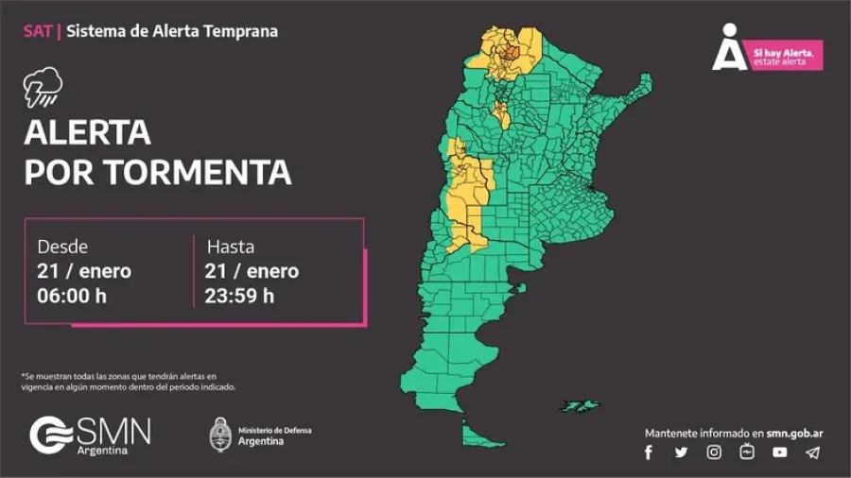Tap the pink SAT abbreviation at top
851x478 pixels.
37,31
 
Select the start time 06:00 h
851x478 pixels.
72,296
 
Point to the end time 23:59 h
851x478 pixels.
239,296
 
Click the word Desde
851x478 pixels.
62,247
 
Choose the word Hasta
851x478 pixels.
231,247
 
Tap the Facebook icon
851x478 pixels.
649,452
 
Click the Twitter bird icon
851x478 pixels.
681,452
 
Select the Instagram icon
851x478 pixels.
714,452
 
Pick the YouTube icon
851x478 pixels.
779,452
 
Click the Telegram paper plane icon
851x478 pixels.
812,452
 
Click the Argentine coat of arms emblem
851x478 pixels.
220,435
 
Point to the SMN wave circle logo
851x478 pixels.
50,435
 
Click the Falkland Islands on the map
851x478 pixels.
579,405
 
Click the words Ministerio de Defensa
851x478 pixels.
274,431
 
